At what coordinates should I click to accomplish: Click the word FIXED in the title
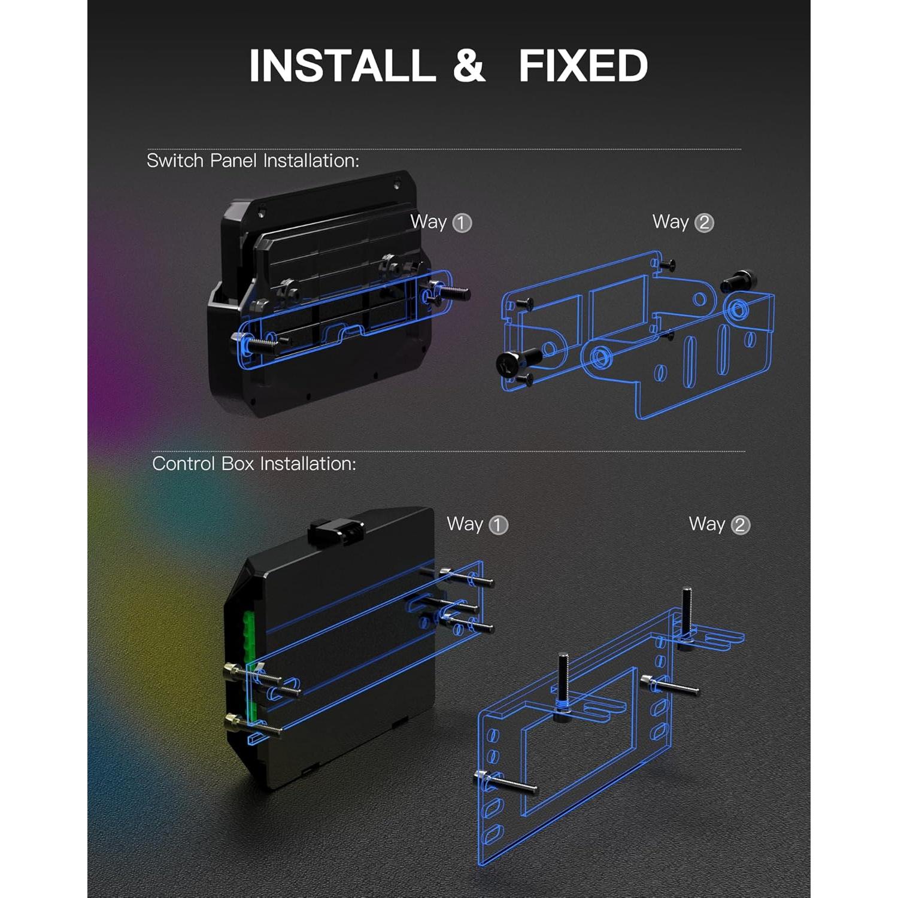pos(583,65)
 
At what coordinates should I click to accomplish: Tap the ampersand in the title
pos(469,65)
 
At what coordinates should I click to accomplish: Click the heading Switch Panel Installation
pos(253,160)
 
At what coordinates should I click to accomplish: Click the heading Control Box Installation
pos(254,463)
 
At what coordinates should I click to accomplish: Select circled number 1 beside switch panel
pos(462,223)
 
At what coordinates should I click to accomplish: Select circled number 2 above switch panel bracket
pos(704,223)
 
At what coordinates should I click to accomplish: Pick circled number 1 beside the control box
pos(498,526)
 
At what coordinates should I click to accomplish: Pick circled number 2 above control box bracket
pos(741,526)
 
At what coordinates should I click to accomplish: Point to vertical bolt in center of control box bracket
pos(563,682)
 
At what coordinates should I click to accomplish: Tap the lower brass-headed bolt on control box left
pos(251,725)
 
